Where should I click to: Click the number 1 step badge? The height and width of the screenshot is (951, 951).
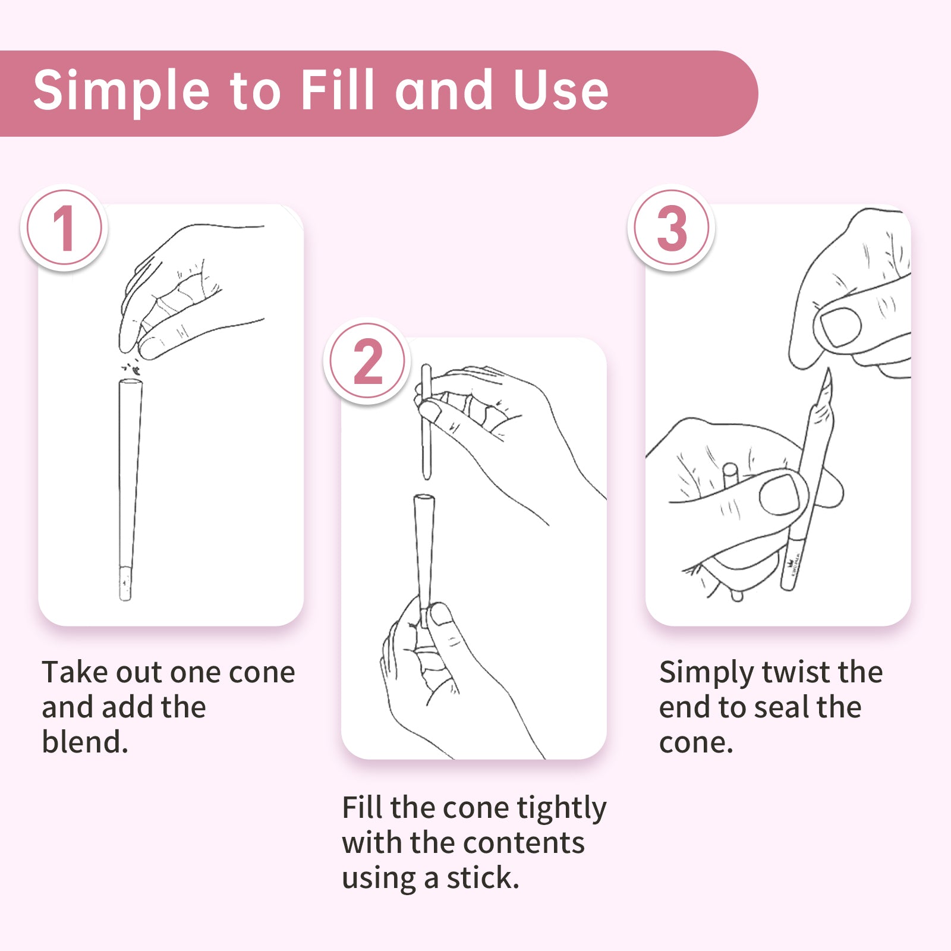click(64, 228)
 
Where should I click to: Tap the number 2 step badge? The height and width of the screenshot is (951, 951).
click(367, 361)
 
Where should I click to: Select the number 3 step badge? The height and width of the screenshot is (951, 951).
click(671, 228)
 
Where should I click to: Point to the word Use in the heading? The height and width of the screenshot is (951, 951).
click(561, 90)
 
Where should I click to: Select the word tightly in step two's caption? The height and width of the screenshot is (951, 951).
click(562, 809)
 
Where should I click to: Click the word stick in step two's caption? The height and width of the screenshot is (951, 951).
click(483, 878)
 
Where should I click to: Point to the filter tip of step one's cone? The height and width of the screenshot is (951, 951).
click(125, 583)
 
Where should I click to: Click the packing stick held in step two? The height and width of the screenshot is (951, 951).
click(426, 422)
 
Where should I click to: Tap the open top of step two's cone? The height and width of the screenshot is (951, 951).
click(424, 499)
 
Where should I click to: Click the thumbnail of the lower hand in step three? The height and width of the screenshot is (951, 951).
click(780, 493)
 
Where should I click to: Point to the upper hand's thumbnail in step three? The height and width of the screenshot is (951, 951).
click(840, 326)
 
